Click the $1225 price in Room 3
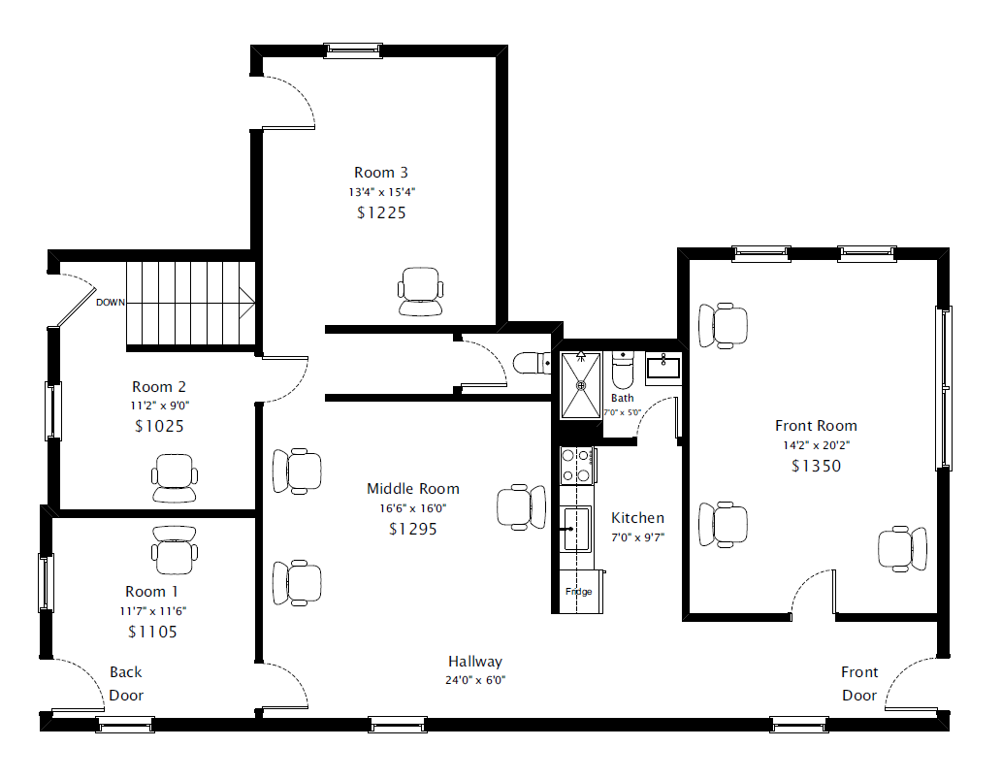coord(381,212)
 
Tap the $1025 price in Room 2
coord(159,427)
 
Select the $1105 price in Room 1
coord(152,633)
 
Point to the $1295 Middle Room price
coord(413,530)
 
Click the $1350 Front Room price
coord(816,466)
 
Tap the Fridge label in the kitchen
coord(579,592)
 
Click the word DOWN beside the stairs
coord(111,303)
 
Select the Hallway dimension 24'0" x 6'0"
coord(475,680)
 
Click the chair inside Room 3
coord(420,292)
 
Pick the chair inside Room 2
coord(175,478)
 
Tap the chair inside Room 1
coord(175,550)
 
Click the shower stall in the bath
coord(581,385)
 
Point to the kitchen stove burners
coord(576,466)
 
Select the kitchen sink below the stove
coord(576,529)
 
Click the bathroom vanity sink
coord(663,369)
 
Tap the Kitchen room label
coord(637,518)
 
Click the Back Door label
coord(126,683)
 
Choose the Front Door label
coord(859,683)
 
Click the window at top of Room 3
coord(353,50)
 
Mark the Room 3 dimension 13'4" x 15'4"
coord(381,192)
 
